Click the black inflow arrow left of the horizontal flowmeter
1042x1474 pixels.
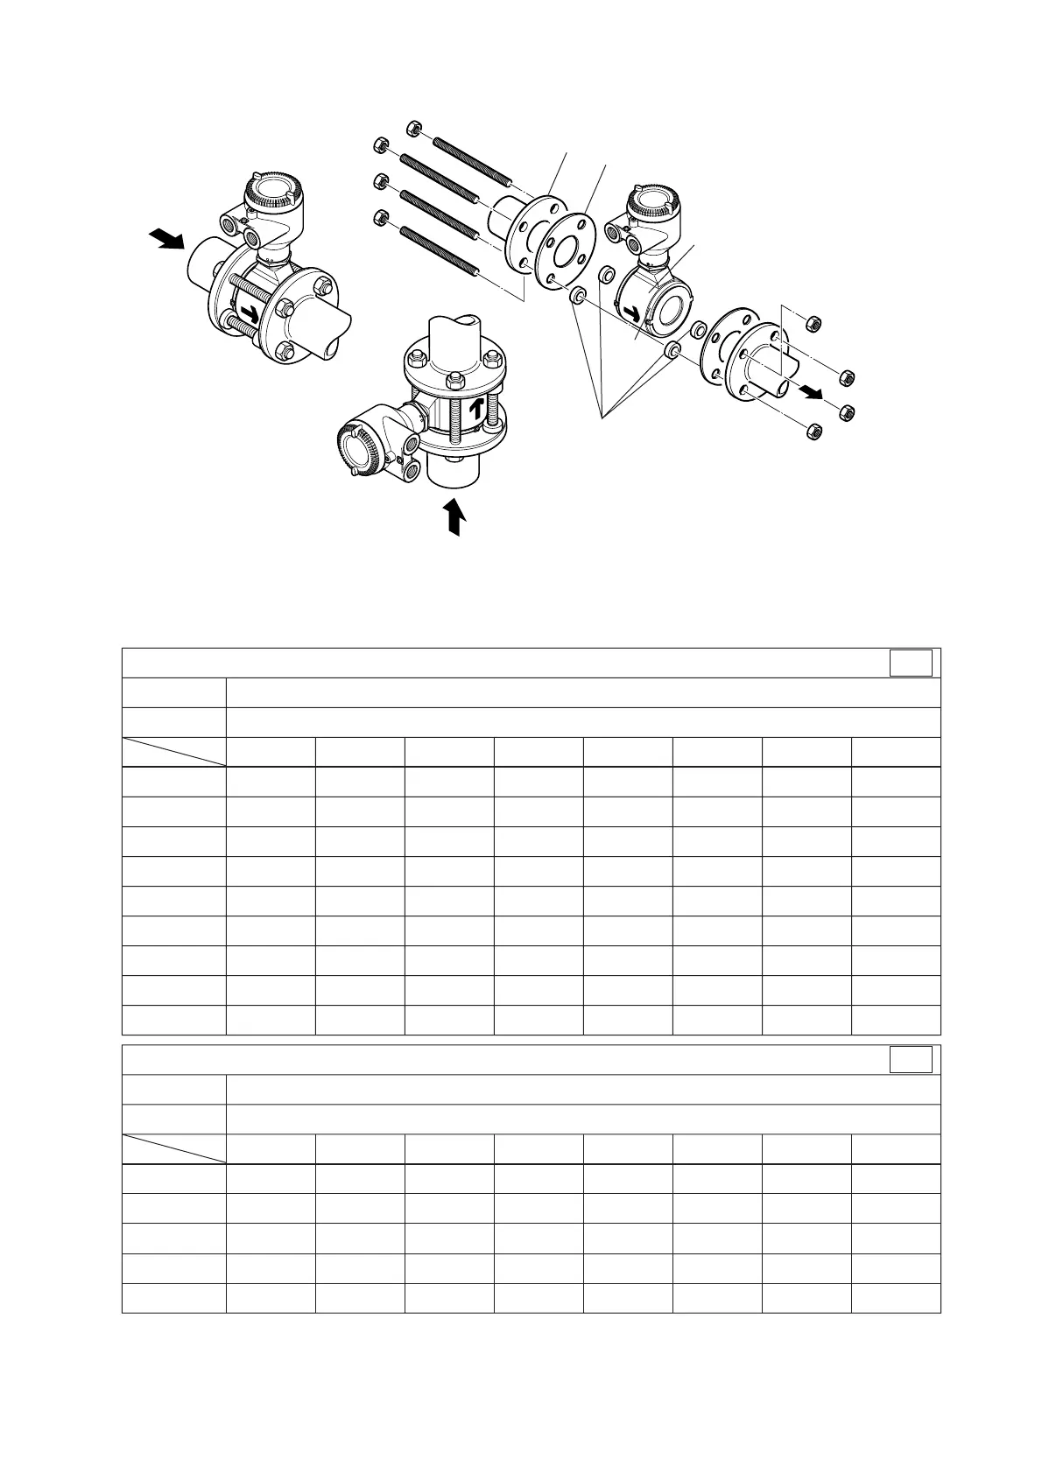[165, 238]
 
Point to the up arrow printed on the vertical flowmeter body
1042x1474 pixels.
[476, 409]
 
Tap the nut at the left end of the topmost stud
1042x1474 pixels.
[414, 129]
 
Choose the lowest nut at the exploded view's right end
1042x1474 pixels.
[811, 432]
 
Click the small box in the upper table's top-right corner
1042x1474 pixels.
[911, 663]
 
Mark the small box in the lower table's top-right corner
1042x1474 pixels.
[911, 1060]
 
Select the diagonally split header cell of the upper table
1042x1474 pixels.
[173, 752]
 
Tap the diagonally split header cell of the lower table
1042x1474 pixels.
[173, 1149]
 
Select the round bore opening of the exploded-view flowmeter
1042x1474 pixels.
[672, 307]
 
